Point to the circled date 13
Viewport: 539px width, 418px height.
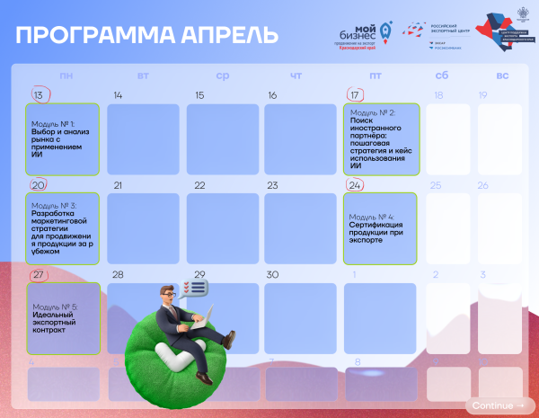coord(39,94)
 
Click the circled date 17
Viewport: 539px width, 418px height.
coord(356,94)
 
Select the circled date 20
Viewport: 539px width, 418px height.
coord(39,185)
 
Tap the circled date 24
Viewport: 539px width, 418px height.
coord(356,185)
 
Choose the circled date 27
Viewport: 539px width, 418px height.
coord(39,274)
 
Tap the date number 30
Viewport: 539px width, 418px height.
coord(272,274)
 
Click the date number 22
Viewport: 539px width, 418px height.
coord(199,185)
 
